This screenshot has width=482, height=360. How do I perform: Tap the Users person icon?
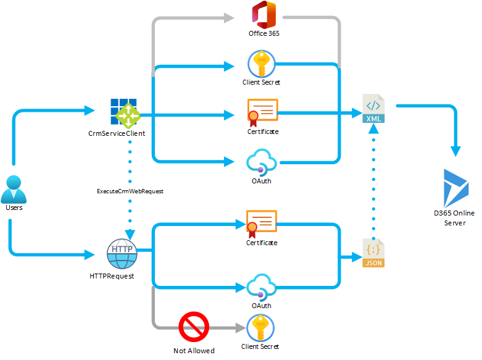pos(14,189)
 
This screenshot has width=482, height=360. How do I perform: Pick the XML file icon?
pos(373,109)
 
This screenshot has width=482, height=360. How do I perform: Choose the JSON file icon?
pos(373,253)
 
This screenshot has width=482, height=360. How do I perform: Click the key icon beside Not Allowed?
pos(260,328)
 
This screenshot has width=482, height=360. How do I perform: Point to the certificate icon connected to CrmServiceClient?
pos(262,112)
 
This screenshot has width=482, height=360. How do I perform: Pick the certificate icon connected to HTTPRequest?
pos(261,224)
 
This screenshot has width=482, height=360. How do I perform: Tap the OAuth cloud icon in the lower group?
pos(261,288)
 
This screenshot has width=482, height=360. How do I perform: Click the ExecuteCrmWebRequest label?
pos(130,191)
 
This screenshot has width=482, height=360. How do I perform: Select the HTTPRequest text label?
pos(112,275)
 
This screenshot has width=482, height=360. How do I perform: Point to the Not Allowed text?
pos(194,351)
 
